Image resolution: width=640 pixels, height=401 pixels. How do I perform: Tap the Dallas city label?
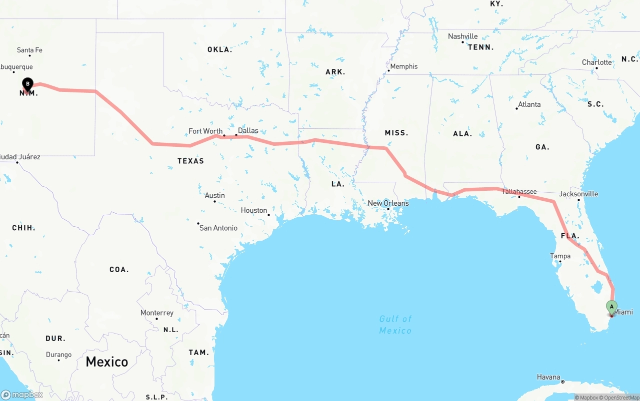coord(248,131)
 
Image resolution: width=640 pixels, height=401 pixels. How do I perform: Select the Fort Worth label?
coord(205,131)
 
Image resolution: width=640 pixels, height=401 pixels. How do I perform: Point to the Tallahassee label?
coord(519,191)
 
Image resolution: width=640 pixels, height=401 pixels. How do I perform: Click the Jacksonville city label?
coord(578,194)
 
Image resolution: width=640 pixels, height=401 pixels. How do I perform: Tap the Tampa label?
coord(560,256)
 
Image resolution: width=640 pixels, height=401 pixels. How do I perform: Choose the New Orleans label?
coord(388,203)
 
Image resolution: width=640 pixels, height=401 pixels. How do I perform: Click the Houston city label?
coord(254,210)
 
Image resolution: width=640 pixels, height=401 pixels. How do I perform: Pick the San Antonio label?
coord(218,228)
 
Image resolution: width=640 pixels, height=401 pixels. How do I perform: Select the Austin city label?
coord(215,195)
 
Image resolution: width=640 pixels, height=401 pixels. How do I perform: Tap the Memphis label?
coord(403,66)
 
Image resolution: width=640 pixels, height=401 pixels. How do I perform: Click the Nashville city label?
coord(462,36)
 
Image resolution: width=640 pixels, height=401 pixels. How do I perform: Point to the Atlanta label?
coord(529,104)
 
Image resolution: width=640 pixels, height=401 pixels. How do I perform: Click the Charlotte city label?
coord(596,62)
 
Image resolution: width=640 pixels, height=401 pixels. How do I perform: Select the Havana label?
coord(548,377)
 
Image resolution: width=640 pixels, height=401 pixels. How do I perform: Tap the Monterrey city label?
coord(157,313)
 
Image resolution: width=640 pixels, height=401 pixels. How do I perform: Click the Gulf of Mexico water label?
coord(395,325)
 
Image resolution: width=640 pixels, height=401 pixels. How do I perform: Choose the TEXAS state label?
coord(190,161)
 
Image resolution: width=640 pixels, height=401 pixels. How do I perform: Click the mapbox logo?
coord(22,395)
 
